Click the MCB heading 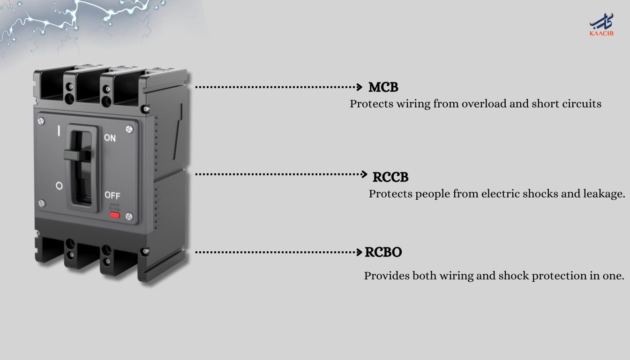[383, 87]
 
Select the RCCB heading [390, 177]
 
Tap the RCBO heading [383, 252]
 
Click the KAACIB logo [601, 25]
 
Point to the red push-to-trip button [114, 215]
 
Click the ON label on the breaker [110, 138]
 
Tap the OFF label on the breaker [112, 195]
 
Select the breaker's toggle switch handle [77, 155]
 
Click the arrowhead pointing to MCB [360, 87]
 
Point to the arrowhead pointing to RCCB [364, 174]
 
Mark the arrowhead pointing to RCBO [360, 252]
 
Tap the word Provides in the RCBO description [387, 276]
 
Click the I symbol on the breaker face [59, 131]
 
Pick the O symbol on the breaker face [59, 186]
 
